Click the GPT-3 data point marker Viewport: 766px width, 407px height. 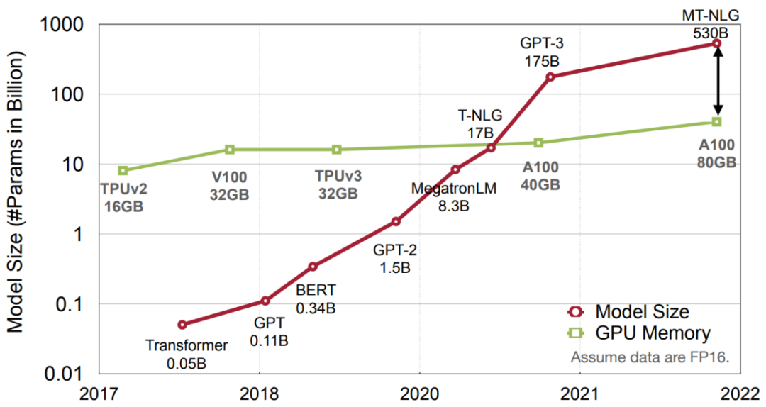tap(550, 77)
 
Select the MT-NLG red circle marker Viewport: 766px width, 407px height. tap(716, 44)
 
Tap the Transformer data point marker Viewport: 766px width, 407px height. tap(182, 325)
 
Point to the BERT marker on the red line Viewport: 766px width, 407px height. tap(313, 267)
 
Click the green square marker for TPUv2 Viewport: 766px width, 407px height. tap(123, 170)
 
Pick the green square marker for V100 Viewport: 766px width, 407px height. tap(230, 150)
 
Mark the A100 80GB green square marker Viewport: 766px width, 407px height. tap(716, 122)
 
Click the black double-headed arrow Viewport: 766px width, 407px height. tap(717, 82)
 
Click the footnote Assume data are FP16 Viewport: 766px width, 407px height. tap(650, 356)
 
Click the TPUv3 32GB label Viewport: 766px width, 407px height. tap(337, 184)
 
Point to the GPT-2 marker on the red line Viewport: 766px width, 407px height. tap(396, 221)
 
